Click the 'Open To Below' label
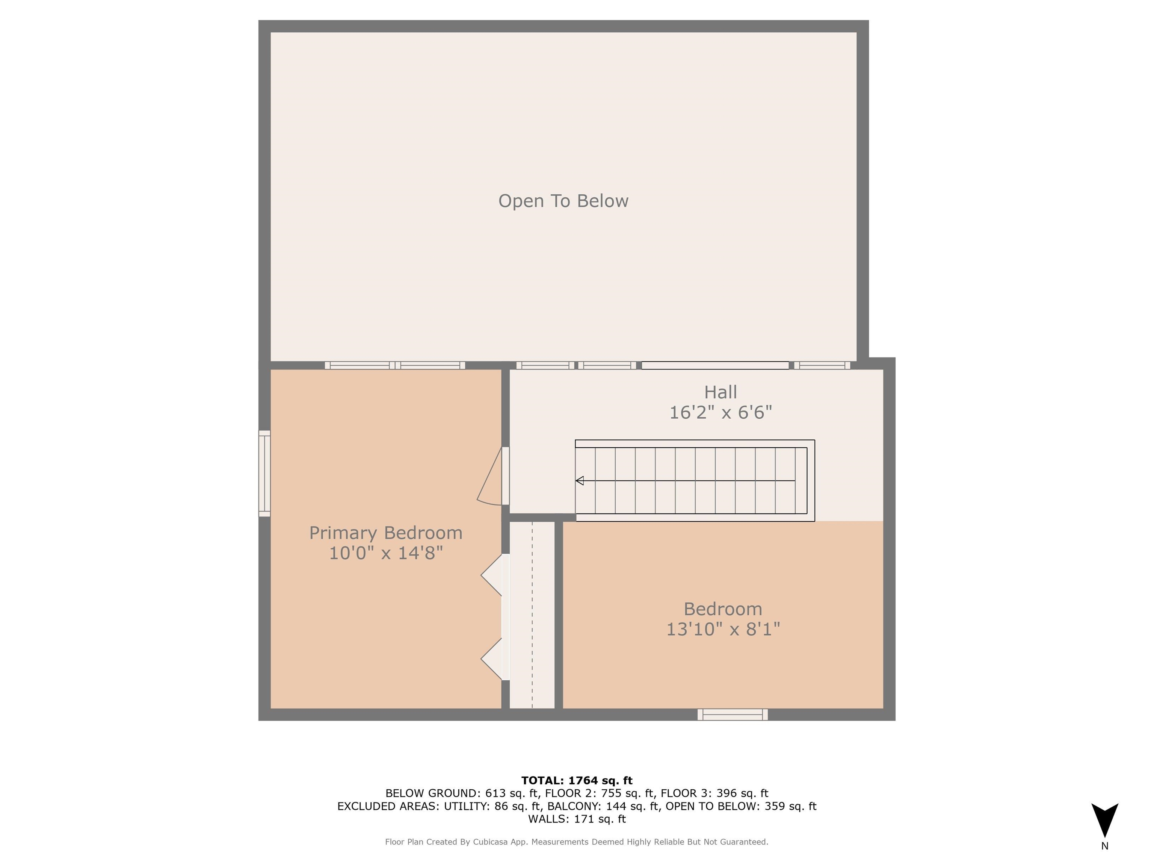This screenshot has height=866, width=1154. pyautogui.click(x=563, y=201)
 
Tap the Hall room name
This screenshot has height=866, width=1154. pyautogui.click(x=720, y=392)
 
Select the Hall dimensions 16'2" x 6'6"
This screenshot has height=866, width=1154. pyautogui.click(x=720, y=412)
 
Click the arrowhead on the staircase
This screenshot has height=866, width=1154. pyautogui.click(x=580, y=481)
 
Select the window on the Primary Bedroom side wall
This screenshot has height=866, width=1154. pyautogui.click(x=264, y=474)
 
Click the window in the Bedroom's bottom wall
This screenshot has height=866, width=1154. pyautogui.click(x=733, y=714)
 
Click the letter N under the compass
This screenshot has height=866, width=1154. pyautogui.click(x=1104, y=846)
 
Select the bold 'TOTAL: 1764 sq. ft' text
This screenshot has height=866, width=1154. pyautogui.click(x=577, y=780)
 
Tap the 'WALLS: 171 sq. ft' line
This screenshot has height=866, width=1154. pyautogui.click(x=577, y=819)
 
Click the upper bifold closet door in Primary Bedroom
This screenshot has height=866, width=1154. pyautogui.click(x=492, y=575)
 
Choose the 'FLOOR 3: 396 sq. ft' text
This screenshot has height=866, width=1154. pyautogui.click(x=714, y=793)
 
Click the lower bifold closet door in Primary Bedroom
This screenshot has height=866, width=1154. pyautogui.click(x=492, y=659)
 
